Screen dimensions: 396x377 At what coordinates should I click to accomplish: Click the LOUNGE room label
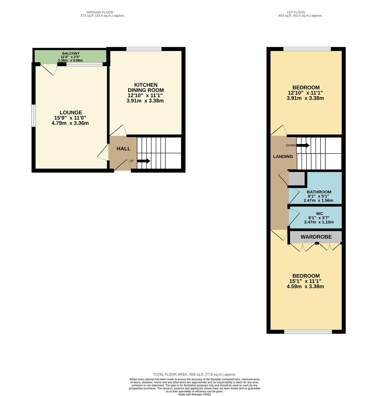click(71, 113)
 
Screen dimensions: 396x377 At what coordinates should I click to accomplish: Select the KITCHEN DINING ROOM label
click(146, 88)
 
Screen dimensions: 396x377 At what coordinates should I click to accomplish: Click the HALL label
click(123, 148)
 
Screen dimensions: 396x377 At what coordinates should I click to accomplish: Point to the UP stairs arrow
click(143, 161)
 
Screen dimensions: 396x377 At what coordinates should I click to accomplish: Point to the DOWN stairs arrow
click(303, 146)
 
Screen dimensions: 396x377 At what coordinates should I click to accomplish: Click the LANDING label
click(283, 157)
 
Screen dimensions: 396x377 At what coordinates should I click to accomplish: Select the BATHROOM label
click(319, 192)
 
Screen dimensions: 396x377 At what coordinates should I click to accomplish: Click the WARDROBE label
click(316, 237)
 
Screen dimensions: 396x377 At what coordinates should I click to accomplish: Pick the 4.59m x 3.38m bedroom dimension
click(305, 286)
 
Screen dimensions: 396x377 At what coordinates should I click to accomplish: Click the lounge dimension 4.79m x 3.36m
click(70, 123)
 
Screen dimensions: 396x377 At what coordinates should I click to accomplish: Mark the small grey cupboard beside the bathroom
click(297, 179)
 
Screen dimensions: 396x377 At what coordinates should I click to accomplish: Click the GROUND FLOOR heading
click(103, 12)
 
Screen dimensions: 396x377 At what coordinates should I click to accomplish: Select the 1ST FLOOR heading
click(299, 12)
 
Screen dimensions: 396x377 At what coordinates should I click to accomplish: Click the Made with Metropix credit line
click(194, 394)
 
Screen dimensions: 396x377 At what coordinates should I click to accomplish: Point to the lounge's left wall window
click(33, 116)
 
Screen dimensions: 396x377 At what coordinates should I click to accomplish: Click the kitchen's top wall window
click(144, 49)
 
